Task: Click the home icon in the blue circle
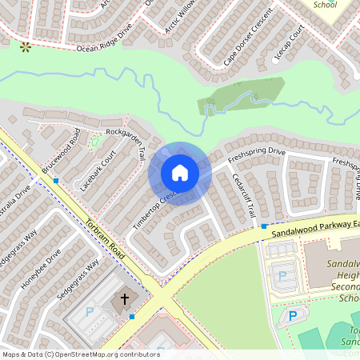click(179, 173)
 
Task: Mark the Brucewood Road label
click(61, 154)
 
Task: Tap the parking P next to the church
click(90, 310)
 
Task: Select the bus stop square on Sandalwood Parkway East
click(264, 226)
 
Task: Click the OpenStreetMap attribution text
click(81, 354)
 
